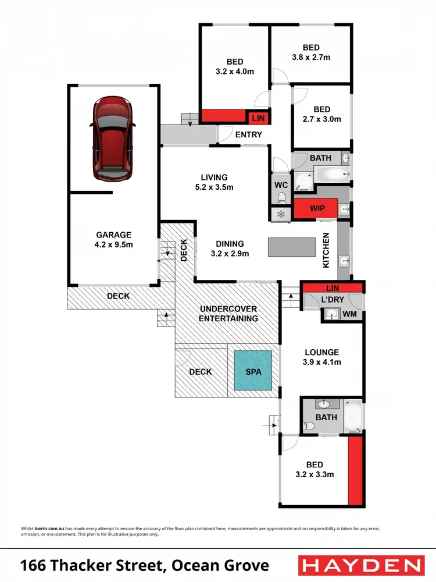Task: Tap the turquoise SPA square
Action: pyautogui.click(x=253, y=370)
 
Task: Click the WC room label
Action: pyautogui.click(x=281, y=185)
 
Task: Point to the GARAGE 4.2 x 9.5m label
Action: pyautogui.click(x=115, y=240)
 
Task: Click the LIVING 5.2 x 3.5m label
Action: pyautogui.click(x=214, y=182)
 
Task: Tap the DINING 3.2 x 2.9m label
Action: pyautogui.click(x=230, y=249)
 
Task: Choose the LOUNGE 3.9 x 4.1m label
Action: pyautogui.click(x=321, y=357)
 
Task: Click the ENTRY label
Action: pyautogui.click(x=249, y=134)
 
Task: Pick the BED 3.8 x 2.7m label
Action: pyautogui.click(x=311, y=52)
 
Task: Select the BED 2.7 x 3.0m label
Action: pyautogui.click(x=321, y=114)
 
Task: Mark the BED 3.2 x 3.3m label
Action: pyautogui.click(x=315, y=469)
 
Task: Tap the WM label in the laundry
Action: pyautogui.click(x=349, y=314)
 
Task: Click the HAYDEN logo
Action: pyautogui.click(x=360, y=565)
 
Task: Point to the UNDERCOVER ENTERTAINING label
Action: pyautogui.click(x=228, y=313)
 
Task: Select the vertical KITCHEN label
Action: pyautogui.click(x=327, y=250)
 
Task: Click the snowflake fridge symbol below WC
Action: pyautogui.click(x=281, y=214)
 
